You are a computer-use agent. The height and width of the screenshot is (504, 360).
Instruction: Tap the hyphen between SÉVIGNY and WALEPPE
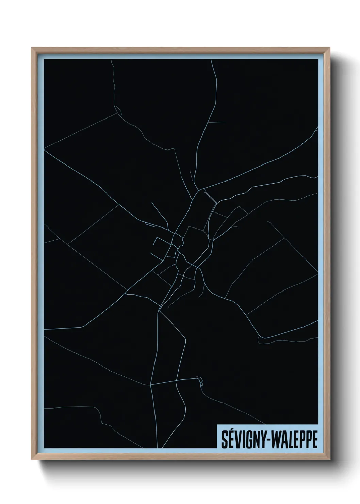(x=268, y=441)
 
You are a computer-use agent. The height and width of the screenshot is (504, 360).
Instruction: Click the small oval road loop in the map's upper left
(x=118, y=110)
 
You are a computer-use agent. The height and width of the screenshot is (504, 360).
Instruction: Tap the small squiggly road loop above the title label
(x=201, y=381)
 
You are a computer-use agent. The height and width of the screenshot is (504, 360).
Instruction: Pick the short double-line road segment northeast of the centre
(x=210, y=197)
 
